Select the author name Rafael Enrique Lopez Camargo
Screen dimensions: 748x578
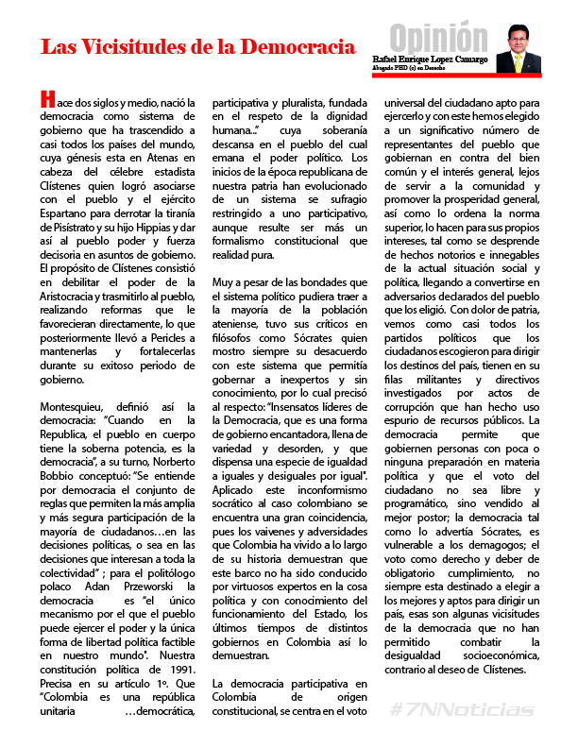pos(430,59)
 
